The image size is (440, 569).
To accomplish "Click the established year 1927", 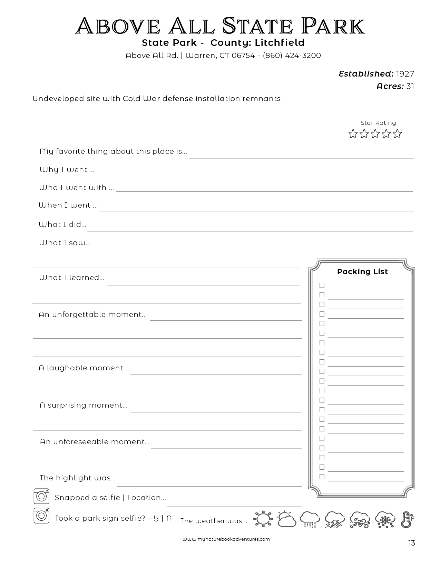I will [x=405, y=74].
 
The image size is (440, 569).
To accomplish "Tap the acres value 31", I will [x=410, y=86].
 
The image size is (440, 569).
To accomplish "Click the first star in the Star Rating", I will [x=353, y=134].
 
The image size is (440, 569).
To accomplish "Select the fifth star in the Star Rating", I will [x=398, y=134].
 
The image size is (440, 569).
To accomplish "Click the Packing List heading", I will [x=362, y=272].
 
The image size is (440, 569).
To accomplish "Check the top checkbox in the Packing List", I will [x=322, y=285].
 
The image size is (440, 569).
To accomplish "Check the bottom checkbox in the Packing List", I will [x=322, y=477].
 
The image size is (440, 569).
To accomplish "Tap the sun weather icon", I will [x=263, y=519].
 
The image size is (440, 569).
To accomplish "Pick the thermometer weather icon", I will [x=407, y=519].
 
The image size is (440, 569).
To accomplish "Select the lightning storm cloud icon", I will [x=335, y=519].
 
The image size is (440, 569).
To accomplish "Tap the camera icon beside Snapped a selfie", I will [x=41, y=497].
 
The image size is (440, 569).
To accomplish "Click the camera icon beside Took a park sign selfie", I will [x=41, y=516].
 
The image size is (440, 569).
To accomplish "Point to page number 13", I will [x=411, y=543].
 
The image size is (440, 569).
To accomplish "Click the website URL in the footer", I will [x=226, y=539].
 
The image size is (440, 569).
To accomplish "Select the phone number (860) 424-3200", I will [x=292, y=56].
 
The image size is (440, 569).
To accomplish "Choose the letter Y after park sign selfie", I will [x=156, y=518].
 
